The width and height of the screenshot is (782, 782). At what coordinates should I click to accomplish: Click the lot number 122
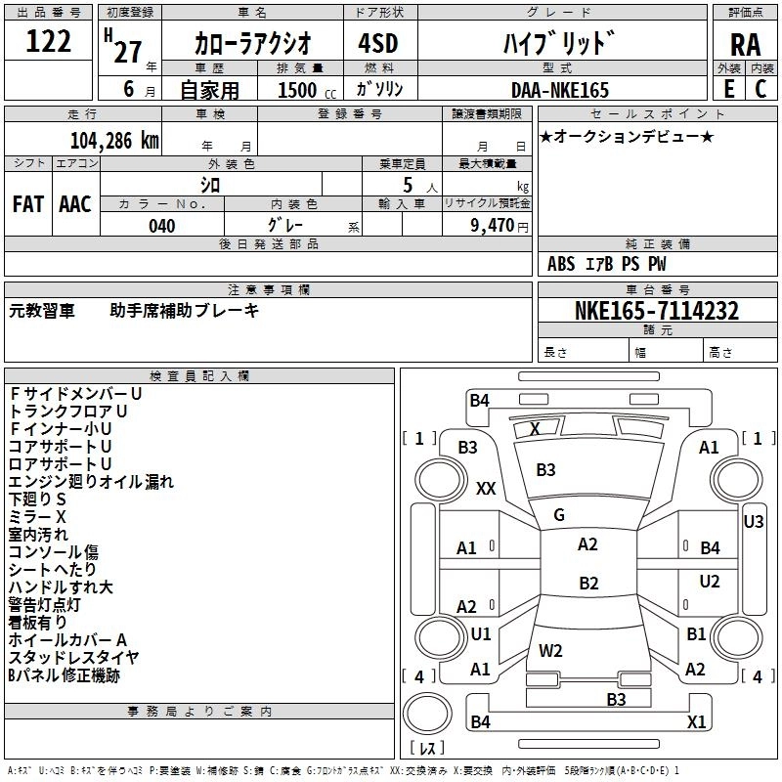[x=49, y=42]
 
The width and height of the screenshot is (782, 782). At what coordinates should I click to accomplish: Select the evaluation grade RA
[x=745, y=46]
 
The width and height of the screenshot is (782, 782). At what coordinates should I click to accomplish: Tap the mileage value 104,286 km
[x=114, y=141]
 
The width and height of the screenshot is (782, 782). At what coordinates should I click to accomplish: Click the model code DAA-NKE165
[x=559, y=90]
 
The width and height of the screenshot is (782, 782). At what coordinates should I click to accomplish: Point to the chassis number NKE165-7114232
[x=657, y=311]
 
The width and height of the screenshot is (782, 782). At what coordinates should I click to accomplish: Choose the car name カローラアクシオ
[x=252, y=44]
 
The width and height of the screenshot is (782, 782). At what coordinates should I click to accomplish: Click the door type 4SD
[x=378, y=44]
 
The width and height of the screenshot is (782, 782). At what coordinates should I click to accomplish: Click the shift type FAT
[x=28, y=204]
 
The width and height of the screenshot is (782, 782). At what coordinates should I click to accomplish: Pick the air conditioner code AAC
[x=75, y=204]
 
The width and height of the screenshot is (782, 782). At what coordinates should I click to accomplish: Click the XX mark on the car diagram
[x=486, y=489]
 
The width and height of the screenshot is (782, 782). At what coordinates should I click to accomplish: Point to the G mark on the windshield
[x=559, y=515]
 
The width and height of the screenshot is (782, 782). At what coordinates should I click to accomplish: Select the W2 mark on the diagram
[x=550, y=650]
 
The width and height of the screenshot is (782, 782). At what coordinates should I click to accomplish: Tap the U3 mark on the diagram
[x=753, y=522]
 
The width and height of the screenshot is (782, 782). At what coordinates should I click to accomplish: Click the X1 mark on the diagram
[x=697, y=722]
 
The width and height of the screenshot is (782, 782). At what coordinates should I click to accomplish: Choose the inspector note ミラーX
[x=38, y=516]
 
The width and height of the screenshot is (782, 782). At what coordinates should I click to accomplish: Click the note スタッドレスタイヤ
[x=73, y=657]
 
